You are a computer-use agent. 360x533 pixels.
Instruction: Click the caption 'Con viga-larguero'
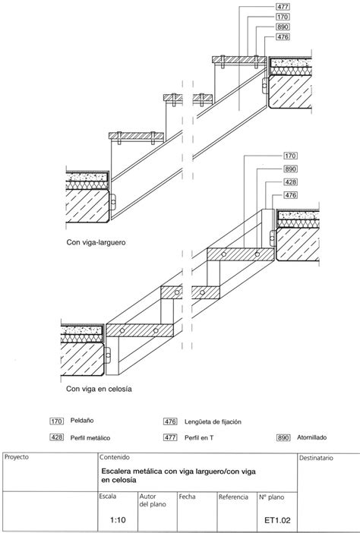96,245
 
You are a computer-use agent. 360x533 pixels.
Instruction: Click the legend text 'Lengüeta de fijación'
218,420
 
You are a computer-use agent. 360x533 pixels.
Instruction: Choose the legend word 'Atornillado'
314,437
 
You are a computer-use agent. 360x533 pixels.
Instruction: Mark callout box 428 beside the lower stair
290,183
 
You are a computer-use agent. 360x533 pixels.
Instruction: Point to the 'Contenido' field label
114,458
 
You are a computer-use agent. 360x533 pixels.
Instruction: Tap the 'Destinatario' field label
317,459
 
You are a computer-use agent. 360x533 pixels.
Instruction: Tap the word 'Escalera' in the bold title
118,471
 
